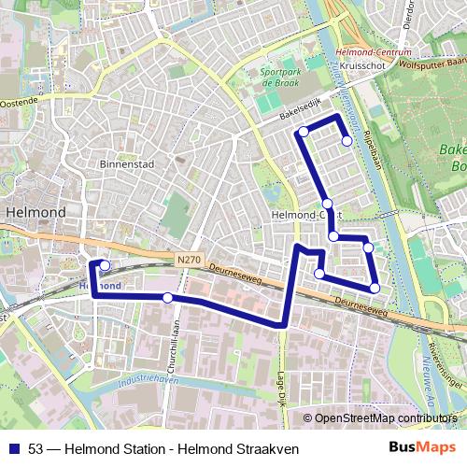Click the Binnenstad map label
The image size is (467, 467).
pos(126,163)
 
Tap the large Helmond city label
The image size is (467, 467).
pos(35,213)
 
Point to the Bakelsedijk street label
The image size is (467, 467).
pos(298,111)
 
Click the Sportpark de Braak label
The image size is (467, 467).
pos(281,76)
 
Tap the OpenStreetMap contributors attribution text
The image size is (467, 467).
pos(381,417)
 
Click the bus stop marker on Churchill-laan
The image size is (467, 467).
pos(167,298)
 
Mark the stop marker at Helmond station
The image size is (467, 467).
pos(105,266)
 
